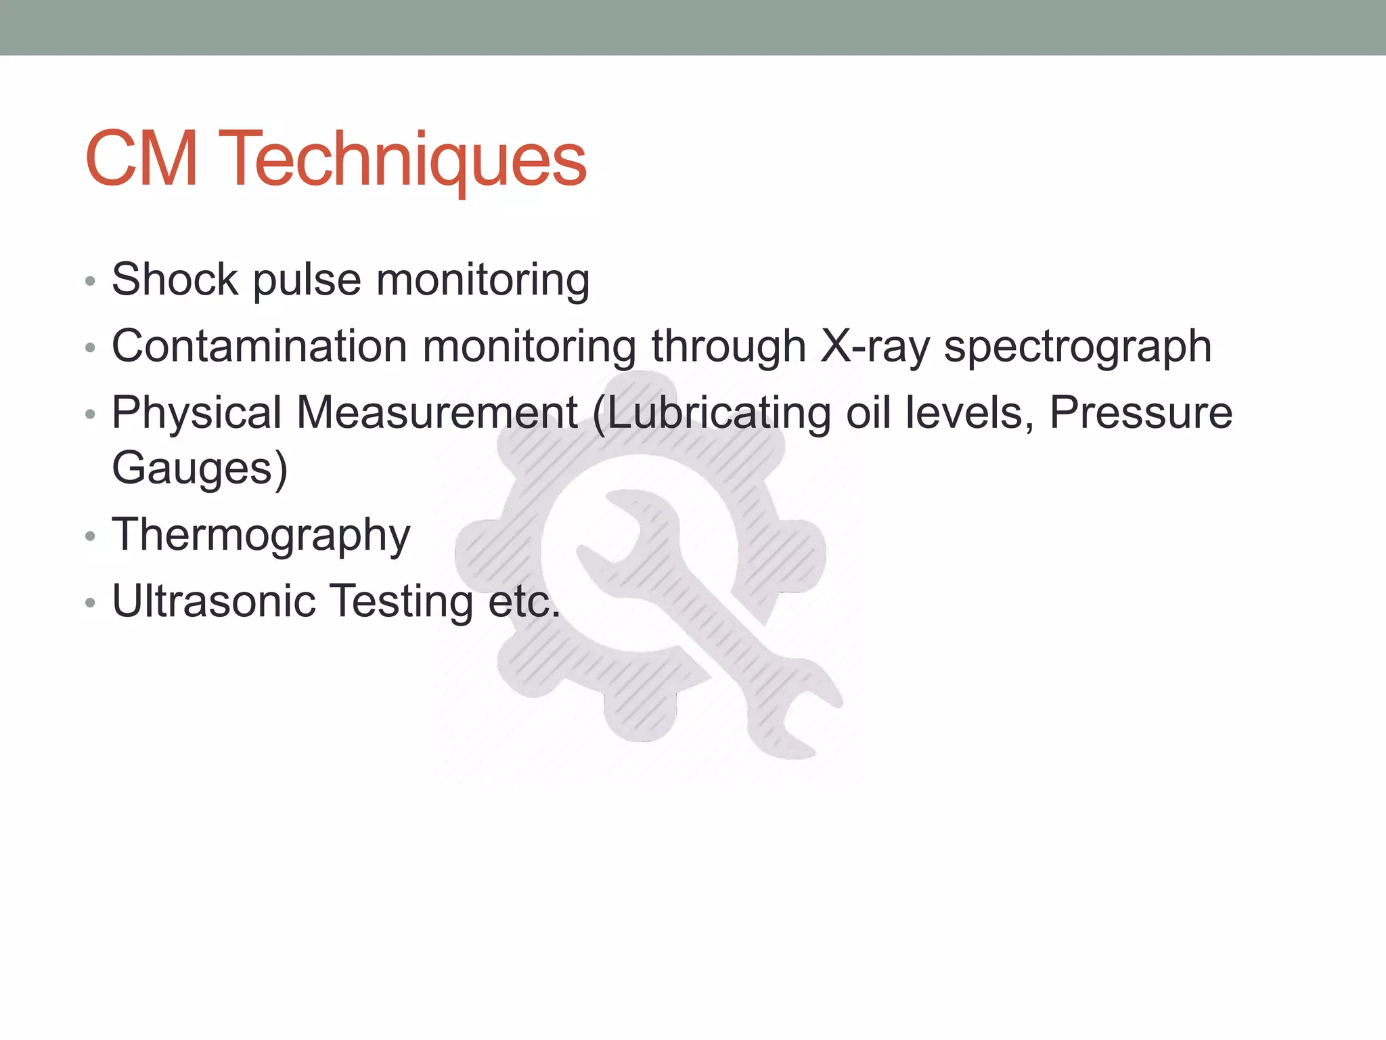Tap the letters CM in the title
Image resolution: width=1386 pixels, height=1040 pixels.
(141, 160)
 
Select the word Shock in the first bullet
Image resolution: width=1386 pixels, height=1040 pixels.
(175, 279)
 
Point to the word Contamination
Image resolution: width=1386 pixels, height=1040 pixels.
(259, 346)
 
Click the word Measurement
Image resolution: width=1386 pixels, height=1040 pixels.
(437, 412)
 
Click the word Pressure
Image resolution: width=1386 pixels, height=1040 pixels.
(1141, 412)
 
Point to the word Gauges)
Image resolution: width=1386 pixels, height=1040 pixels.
(200, 469)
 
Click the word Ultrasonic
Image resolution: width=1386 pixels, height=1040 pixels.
(213, 601)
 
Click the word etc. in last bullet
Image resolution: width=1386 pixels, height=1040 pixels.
(524, 601)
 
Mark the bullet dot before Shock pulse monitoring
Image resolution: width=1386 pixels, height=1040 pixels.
(91, 282)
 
